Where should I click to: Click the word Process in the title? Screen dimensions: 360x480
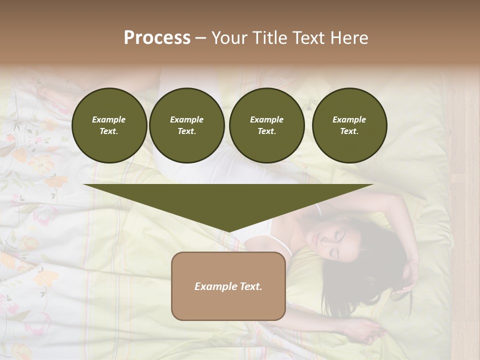click(x=157, y=38)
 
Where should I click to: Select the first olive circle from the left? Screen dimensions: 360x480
click(x=109, y=125)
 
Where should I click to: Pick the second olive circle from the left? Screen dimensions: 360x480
click(x=186, y=125)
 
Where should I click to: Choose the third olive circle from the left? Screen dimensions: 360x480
click(x=266, y=125)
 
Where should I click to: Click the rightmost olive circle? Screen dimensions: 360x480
click(x=349, y=125)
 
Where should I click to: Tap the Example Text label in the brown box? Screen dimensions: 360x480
click(x=228, y=286)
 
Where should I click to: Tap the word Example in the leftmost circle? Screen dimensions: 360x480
click(x=109, y=119)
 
